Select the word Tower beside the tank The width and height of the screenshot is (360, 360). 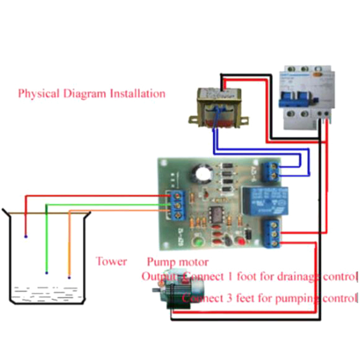point(111,261)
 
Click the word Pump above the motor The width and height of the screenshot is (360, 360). point(158,262)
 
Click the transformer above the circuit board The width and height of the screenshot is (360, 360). point(218,108)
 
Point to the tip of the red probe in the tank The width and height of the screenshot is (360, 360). point(26,236)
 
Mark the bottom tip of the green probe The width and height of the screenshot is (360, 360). point(46,273)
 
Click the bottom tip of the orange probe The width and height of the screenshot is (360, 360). point(69,277)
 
